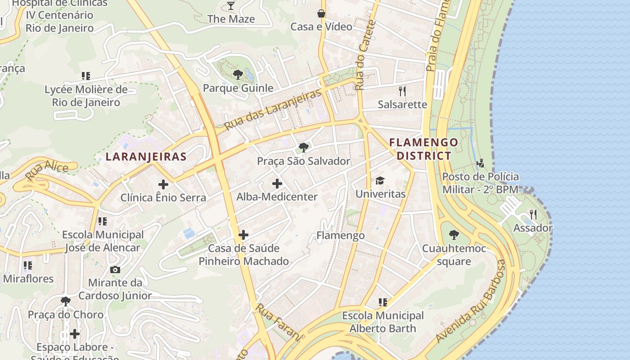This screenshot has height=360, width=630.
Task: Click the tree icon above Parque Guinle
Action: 238,75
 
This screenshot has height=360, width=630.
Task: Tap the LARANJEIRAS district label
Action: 146,157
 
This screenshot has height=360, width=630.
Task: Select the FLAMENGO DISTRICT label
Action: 423,149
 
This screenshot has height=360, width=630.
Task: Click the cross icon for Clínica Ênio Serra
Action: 163,184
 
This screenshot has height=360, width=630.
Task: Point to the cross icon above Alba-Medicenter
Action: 277,184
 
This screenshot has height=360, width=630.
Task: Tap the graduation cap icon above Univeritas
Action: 380,181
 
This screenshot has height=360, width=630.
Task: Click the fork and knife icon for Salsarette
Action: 402,91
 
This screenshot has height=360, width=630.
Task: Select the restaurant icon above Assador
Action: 533,215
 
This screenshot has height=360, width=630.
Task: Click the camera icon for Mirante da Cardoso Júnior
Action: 115,270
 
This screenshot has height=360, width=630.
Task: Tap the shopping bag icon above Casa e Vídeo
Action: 321,13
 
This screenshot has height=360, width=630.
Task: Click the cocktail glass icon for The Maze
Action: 231,6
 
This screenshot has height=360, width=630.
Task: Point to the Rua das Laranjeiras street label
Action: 273,109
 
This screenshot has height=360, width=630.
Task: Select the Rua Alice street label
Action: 47,171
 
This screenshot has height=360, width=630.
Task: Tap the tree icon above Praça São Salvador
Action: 304,148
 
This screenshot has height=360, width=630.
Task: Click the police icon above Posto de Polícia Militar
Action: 481,163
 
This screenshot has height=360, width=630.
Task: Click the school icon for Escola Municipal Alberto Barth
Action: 383,302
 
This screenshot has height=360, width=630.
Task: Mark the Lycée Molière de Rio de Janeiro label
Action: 86,96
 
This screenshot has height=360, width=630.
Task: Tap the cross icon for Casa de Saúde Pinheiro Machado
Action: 243,235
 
